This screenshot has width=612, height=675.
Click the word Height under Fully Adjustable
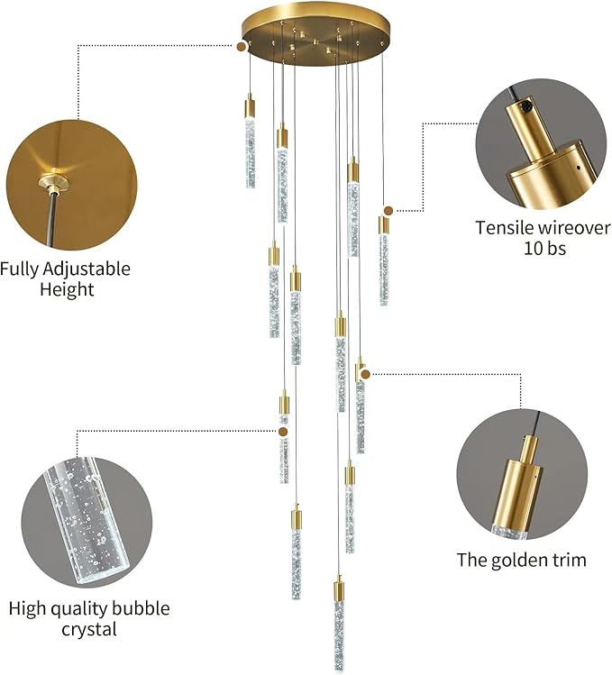(67, 290)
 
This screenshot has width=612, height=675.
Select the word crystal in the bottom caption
(89, 629)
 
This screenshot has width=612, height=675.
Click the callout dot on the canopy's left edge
(242, 45)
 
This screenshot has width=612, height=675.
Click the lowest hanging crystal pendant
(339, 625)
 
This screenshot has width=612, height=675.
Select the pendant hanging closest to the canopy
(250, 144)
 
